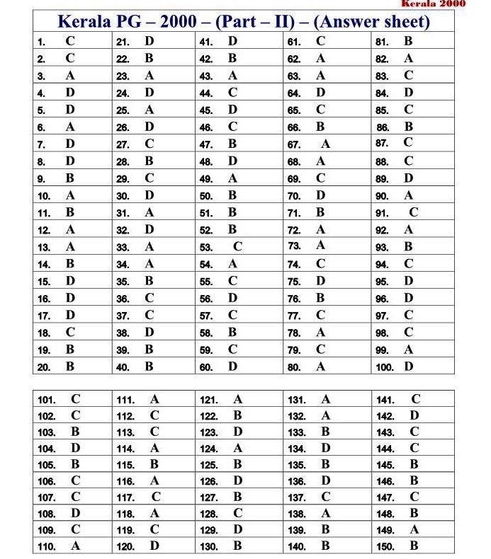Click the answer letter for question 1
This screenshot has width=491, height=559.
70,41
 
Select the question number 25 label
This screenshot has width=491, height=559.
123,110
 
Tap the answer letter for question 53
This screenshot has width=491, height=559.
238,247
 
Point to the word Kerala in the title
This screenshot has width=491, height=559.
86,22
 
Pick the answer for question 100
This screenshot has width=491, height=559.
409,367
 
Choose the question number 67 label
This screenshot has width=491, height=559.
295,144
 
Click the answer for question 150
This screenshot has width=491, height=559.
414,546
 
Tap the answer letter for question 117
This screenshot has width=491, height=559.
156,497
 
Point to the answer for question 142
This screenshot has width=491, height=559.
414,415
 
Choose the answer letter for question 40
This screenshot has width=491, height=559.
149,367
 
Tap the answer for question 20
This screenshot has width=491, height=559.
70,367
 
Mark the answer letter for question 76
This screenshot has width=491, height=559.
320,298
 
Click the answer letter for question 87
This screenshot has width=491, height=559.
409,143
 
